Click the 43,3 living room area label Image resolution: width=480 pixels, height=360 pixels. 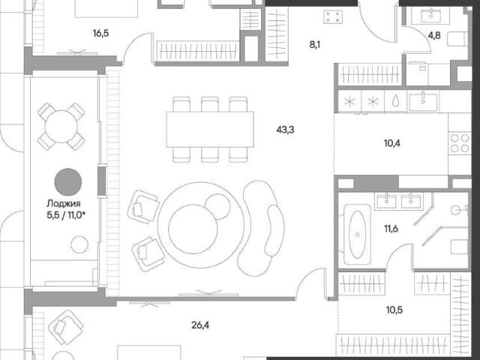(x=285, y=130)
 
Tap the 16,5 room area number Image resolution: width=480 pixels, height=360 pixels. (x=100, y=33)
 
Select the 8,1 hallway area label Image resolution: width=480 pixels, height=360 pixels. (x=315, y=45)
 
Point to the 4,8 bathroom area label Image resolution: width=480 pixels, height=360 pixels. (x=434, y=35)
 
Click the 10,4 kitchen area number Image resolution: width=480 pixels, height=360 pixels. (x=391, y=143)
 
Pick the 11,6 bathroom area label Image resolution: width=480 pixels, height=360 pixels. (x=391, y=229)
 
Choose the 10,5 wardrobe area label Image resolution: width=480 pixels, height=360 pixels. (x=394, y=310)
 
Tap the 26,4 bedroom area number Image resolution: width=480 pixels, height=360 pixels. (x=200, y=325)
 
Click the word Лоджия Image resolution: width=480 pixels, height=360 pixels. (x=63, y=203)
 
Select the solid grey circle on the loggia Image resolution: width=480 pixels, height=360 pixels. (x=68, y=181)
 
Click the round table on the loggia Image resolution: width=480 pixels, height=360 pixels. (x=61, y=127)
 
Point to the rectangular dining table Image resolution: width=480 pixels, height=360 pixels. (x=210, y=130)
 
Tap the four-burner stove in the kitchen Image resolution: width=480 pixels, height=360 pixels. (x=460, y=143)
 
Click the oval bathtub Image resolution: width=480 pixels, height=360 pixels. (x=357, y=235)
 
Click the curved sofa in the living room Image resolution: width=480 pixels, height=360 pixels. (x=261, y=228)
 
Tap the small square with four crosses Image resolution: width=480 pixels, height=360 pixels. (x=333, y=16)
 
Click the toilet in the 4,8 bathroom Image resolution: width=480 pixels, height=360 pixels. (x=457, y=39)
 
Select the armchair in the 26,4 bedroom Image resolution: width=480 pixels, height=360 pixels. (x=66, y=328)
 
